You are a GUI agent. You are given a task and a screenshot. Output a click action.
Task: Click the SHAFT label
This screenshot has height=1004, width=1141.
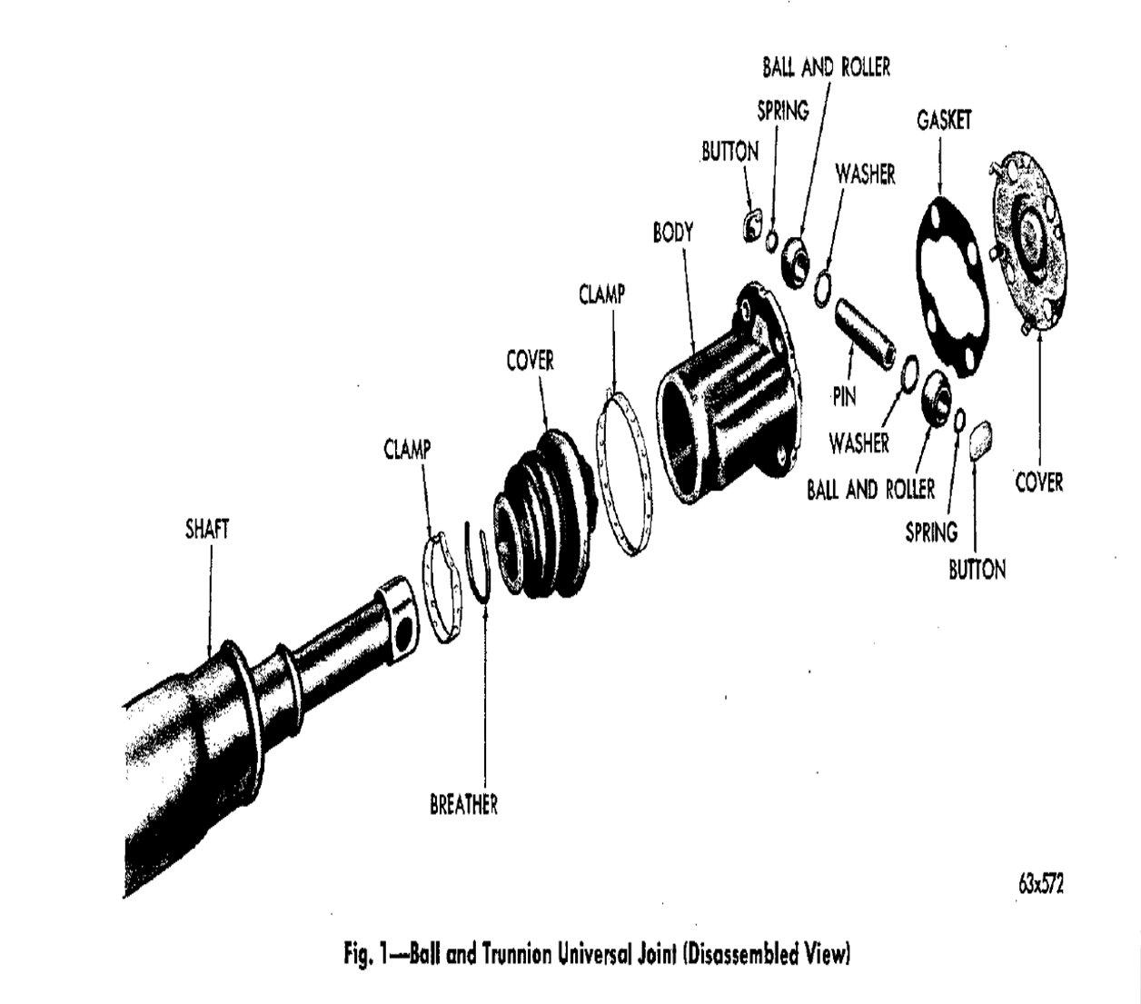(x=207, y=529)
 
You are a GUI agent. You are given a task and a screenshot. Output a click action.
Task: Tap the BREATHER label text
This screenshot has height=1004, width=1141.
(x=463, y=804)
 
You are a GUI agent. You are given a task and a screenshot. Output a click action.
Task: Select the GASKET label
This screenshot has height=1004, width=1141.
(x=944, y=120)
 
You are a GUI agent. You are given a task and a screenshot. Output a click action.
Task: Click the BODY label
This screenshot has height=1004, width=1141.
(x=672, y=233)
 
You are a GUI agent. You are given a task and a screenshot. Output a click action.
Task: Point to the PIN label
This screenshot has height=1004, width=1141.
(x=844, y=397)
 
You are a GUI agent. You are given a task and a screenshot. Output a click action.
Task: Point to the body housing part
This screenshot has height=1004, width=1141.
(x=727, y=391)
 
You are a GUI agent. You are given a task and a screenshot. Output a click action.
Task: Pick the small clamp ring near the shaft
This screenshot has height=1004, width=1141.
(x=442, y=587)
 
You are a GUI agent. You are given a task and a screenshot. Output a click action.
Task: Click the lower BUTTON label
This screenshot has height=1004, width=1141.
(x=977, y=570)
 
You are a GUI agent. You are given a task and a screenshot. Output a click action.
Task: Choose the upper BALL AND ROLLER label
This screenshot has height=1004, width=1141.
(x=826, y=67)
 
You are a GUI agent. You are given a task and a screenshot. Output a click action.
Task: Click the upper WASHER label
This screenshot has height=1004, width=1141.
(x=865, y=174)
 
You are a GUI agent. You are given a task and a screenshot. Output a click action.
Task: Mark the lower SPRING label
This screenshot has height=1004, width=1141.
(x=931, y=532)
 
